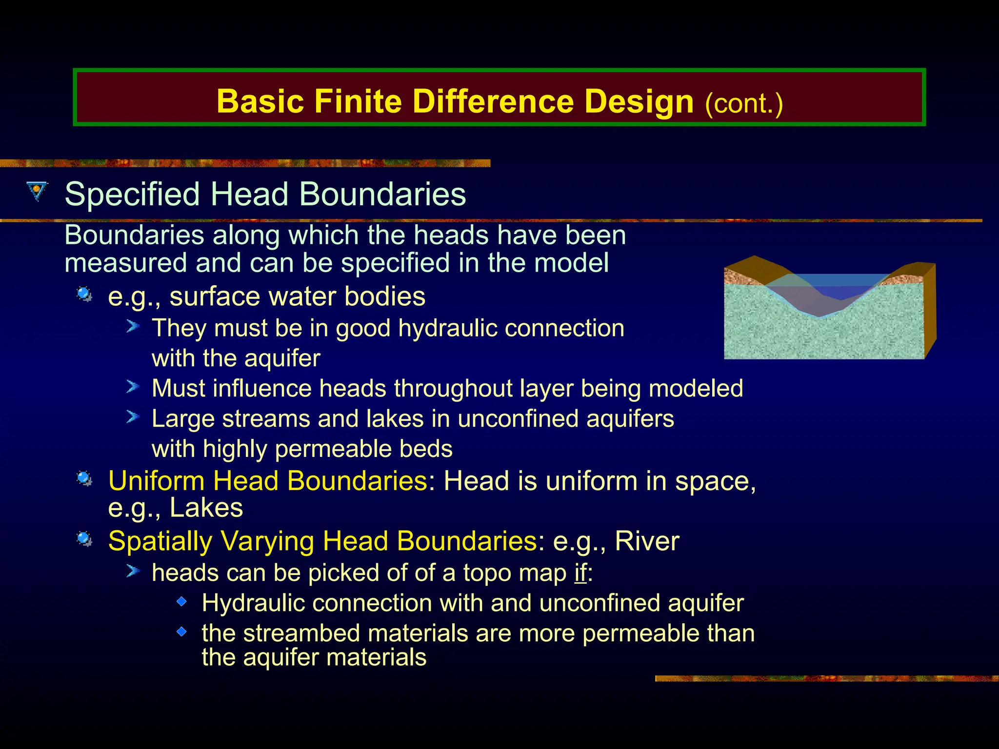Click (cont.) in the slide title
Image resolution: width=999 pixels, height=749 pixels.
(744, 103)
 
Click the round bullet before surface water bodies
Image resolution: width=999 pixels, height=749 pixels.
(84, 295)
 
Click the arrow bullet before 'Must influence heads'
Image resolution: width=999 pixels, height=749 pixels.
(133, 387)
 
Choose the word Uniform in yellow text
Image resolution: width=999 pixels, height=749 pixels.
(156, 481)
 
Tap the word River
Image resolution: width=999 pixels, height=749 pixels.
(647, 541)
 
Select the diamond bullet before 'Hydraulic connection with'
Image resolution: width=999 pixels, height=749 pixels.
(181, 602)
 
